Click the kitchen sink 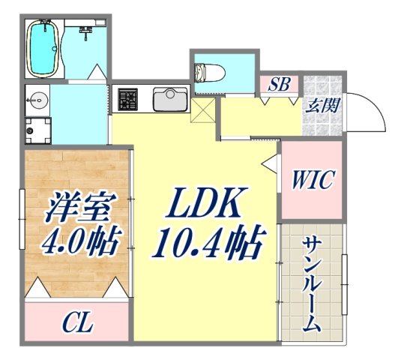[x=170, y=98]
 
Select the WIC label [x=313, y=180]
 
